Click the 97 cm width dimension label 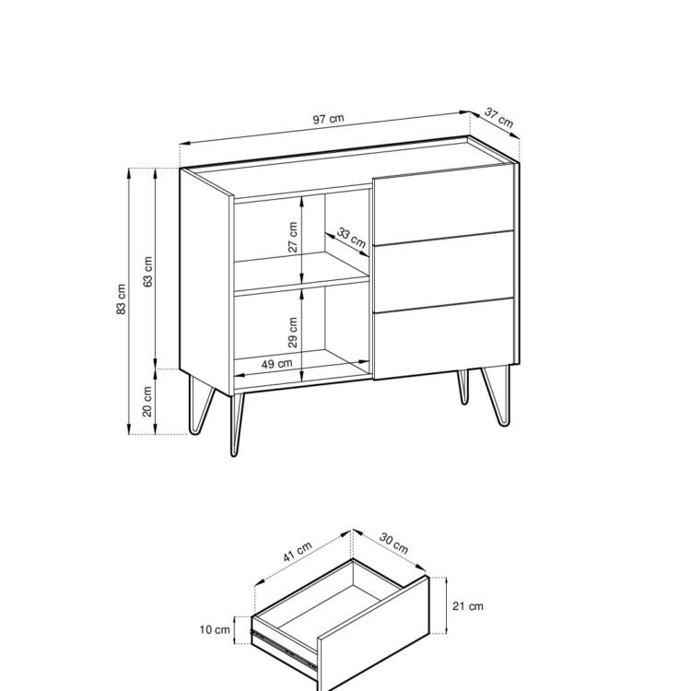click(x=328, y=119)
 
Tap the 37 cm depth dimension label click(x=498, y=118)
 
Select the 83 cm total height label click(x=122, y=299)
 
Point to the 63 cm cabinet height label click(x=147, y=272)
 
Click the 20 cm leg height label click(x=147, y=402)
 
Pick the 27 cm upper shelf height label click(x=293, y=237)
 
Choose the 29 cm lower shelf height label click(x=293, y=333)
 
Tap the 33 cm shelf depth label click(x=351, y=238)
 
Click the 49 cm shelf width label click(x=276, y=364)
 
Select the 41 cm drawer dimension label click(x=297, y=552)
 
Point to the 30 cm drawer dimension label click(x=393, y=544)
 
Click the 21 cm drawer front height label click(x=467, y=606)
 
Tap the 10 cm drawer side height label click(x=215, y=630)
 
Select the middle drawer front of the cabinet click(x=443, y=272)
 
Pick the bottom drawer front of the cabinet click(x=443, y=338)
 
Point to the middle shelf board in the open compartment click(x=301, y=271)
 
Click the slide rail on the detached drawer click(x=285, y=648)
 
